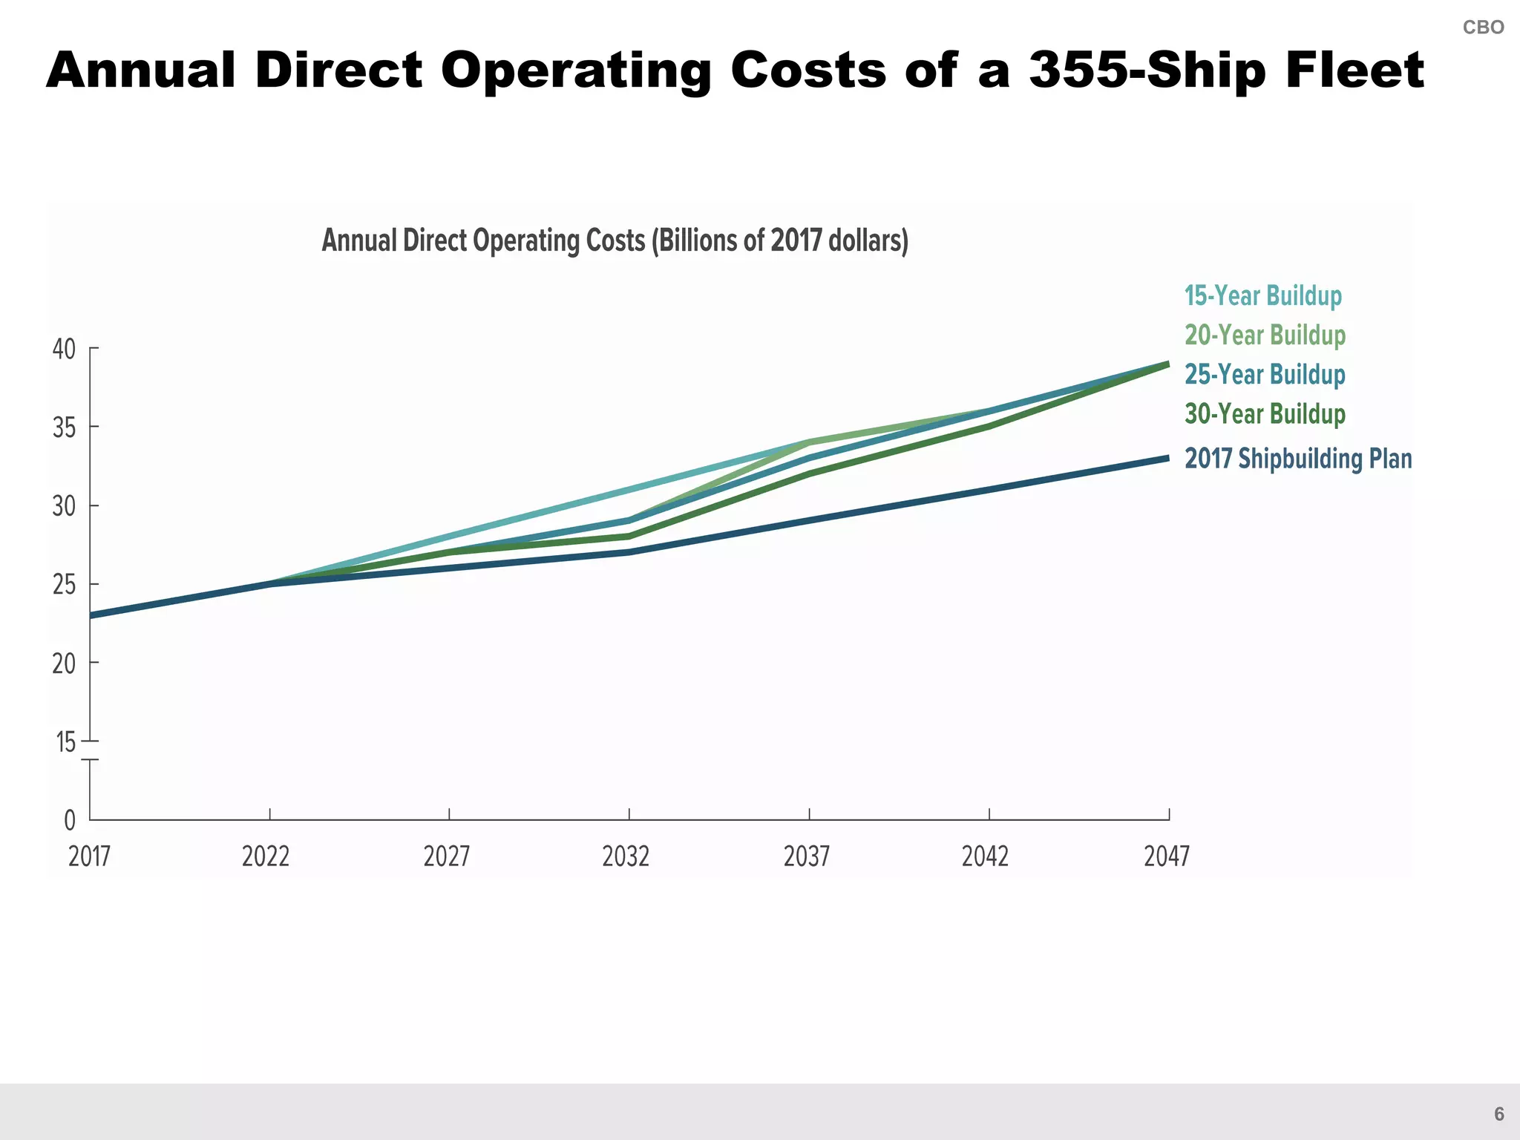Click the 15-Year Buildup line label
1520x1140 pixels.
1262,295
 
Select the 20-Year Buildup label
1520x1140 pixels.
1265,335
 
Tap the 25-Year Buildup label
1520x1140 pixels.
1265,374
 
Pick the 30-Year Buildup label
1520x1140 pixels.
1265,413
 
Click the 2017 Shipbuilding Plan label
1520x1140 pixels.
1297,459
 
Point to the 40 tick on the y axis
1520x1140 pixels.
65,349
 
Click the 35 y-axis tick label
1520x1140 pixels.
65,427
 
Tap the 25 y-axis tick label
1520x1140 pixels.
65,585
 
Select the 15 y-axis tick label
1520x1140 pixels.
66,741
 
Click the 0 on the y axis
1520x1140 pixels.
70,821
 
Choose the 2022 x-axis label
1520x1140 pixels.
266,856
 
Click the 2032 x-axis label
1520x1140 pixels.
626,856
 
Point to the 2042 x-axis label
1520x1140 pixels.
985,856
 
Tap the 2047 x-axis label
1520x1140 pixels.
1167,856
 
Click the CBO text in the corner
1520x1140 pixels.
1483,27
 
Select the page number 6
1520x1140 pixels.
1498,1114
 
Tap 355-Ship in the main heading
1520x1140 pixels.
1147,71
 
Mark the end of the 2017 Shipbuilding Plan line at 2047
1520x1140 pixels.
1167,459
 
